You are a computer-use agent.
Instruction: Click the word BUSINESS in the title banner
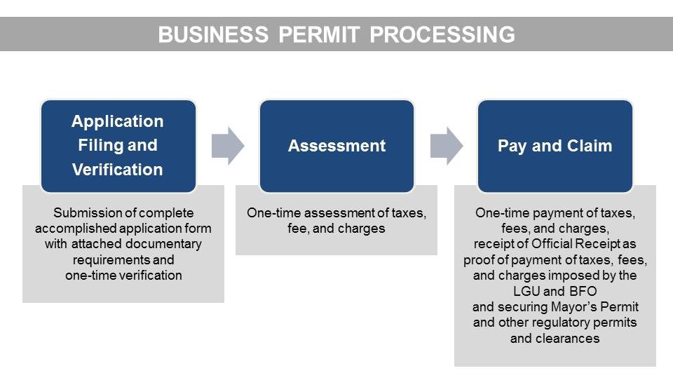pyautogui.click(x=213, y=34)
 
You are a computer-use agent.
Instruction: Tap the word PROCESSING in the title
pyautogui.click(x=442, y=34)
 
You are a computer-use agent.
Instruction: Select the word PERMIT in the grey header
pyautogui.click(x=319, y=34)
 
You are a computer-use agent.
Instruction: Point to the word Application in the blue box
pyautogui.click(x=118, y=121)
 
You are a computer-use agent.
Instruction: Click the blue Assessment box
pyautogui.click(x=337, y=146)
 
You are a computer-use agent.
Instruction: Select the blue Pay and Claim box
pyautogui.click(x=555, y=146)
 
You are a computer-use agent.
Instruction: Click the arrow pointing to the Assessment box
pyautogui.click(x=228, y=146)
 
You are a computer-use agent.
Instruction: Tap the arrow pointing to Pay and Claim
pyautogui.click(x=447, y=146)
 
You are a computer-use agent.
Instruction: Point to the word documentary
pyautogui.click(x=163, y=244)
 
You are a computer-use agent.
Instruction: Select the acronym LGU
pyautogui.click(x=526, y=291)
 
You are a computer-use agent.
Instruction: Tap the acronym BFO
pyautogui.click(x=583, y=291)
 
